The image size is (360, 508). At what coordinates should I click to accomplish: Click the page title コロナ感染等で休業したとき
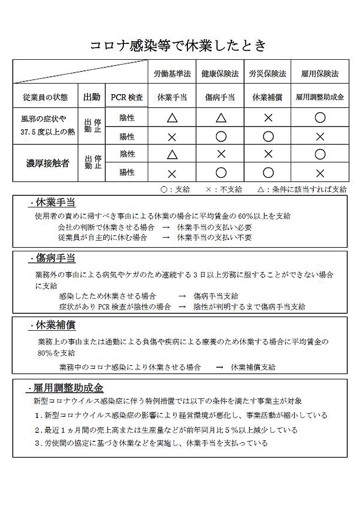coord(179,45)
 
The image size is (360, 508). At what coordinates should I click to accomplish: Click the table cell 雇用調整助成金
coord(319,97)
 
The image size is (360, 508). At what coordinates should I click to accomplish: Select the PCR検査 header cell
coord(127,97)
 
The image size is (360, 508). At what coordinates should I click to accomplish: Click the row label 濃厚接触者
coord(48,163)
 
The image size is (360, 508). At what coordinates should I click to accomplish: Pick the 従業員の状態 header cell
coord(46,97)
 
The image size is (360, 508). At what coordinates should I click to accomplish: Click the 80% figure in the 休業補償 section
coord(44,353)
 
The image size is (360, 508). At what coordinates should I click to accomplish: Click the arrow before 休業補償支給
coord(219,367)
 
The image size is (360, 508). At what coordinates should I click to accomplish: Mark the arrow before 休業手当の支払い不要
coord(166,237)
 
